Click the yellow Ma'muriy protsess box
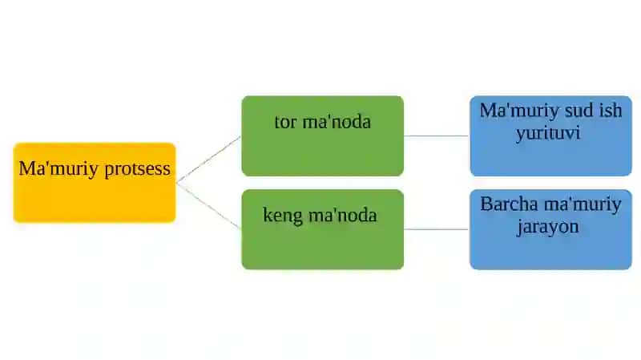pos(95,183)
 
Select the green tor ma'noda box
pos(323,136)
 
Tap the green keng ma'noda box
pos(323,229)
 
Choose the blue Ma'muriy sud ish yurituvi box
pos(550,136)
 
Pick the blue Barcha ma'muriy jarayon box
pos(550,229)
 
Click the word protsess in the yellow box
pos(137,169)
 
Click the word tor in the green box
pos(285,122)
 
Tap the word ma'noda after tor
pos(337,122)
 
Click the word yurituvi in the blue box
pos(548,134)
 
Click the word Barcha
pos(510,204)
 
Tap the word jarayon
pos(548,227)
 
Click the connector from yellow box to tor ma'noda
pos(208,159)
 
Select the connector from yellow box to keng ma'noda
pos(208,206)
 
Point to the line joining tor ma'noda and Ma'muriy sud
pos(437,136)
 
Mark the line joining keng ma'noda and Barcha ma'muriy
pos(437,229)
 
